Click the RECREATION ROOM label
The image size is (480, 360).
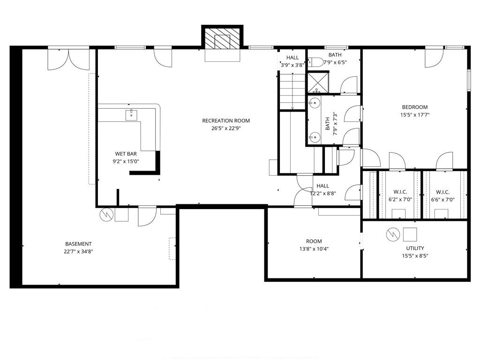226,120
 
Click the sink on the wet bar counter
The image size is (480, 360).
131,114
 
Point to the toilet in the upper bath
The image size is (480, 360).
315,62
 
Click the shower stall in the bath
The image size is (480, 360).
318,82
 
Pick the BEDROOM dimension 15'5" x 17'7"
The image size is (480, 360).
415,114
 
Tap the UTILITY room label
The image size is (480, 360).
415,248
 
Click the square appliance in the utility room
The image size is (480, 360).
410,234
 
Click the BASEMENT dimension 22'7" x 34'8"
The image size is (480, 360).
78,251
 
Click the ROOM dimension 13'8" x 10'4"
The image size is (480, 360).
314,249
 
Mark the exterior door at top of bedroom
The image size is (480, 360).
434,58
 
